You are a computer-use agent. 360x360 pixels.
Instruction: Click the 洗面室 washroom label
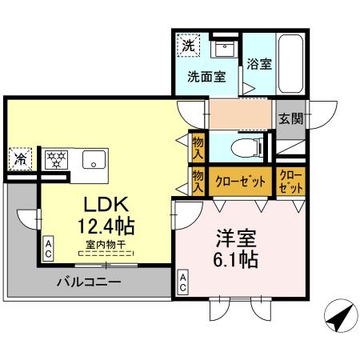click(206, 78)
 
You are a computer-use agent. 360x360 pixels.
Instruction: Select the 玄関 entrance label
click(290, 119)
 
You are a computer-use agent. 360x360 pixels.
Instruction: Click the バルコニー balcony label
click(88, 282)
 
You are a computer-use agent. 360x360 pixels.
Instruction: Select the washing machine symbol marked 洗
click(188, 46)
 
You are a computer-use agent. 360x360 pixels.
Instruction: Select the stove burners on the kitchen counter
click(56, 158)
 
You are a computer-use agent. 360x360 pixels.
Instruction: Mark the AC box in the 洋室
click(183, 281)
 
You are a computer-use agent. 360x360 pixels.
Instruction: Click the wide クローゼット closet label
click(240, 182)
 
